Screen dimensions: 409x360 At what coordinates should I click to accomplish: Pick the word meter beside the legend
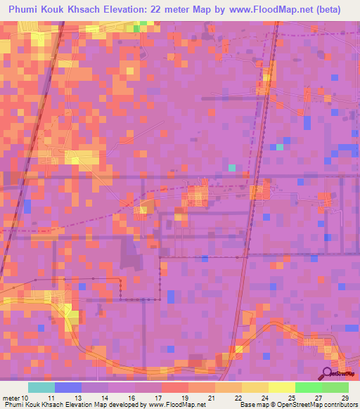[x=12, y=397]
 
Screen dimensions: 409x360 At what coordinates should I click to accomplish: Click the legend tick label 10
[x=27, y=397]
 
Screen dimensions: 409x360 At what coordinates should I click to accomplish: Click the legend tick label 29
[x=345, y=397]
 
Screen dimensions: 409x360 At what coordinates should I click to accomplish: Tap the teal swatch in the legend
[x=41, y=387]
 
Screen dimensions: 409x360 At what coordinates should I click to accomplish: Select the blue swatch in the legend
[x=68, y=387]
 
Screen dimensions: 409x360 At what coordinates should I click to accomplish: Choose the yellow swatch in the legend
[x=282, y=387]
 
